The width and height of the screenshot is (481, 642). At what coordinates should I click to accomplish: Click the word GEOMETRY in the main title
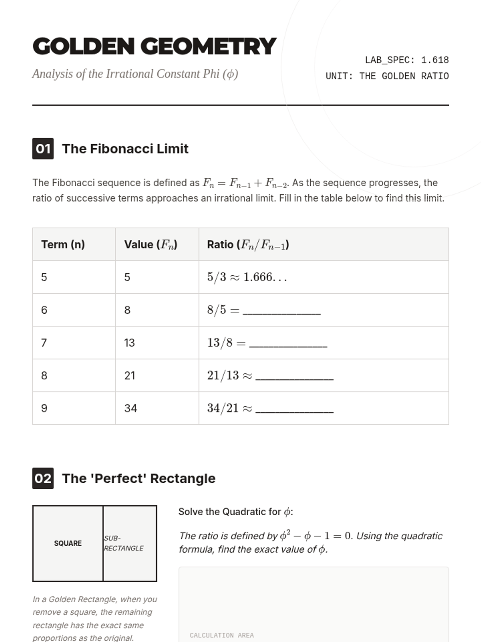pos(208,47)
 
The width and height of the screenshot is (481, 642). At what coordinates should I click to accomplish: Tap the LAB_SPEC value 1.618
pos(435,60)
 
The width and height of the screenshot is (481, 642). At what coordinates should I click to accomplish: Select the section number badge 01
pos(43,149)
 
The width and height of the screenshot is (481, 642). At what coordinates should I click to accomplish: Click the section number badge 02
pos(43,478)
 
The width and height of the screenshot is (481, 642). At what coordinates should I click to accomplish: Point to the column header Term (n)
pos(63,244)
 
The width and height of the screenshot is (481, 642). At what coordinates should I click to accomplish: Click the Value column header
pos(151,244)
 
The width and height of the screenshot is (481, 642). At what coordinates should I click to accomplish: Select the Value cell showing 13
pos(129,343)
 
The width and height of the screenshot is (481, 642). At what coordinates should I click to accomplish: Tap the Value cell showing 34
pos(131,408)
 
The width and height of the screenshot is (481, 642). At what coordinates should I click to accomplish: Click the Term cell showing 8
pos(44,376)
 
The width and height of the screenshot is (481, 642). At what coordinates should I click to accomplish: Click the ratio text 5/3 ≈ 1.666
pos(247,277)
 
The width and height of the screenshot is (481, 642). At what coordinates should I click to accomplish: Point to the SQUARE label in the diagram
pos(68,543)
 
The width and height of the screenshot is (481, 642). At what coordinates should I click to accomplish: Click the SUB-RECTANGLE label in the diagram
pos(123,543)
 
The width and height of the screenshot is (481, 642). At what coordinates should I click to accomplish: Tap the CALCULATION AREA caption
pos(222,635)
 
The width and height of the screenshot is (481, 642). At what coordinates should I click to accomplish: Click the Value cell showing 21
pos(129,376)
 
